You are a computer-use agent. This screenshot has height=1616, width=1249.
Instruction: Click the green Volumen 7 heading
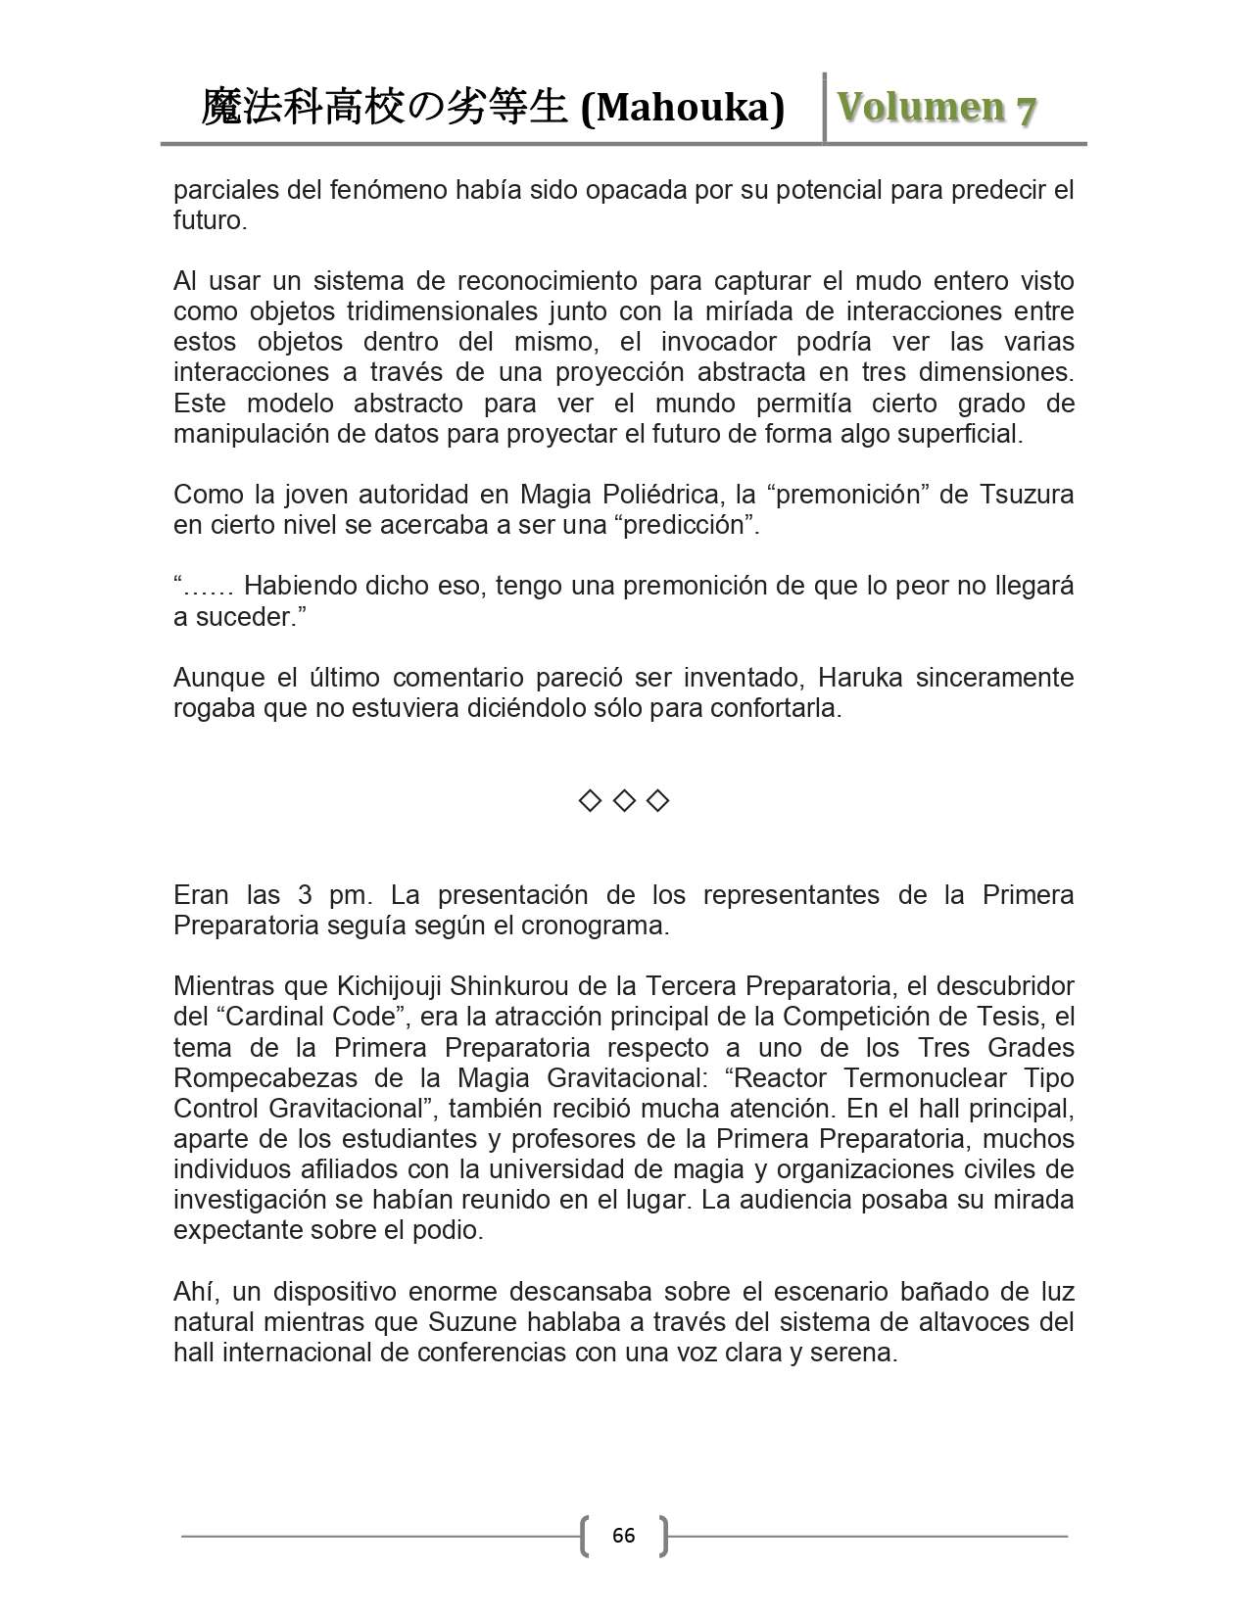click(937, 108)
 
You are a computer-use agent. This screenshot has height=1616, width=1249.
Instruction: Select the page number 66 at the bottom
click(623, 1535)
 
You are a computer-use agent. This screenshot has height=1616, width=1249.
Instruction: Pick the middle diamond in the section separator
click(624, 801)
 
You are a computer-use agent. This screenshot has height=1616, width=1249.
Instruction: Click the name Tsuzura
click(1027, 494)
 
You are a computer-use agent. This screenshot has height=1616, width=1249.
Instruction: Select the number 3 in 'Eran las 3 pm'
click(302, 895)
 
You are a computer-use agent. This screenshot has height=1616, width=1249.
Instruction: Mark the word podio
click(449, 1230)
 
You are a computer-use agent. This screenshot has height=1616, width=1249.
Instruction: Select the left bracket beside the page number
click(586, 1535)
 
